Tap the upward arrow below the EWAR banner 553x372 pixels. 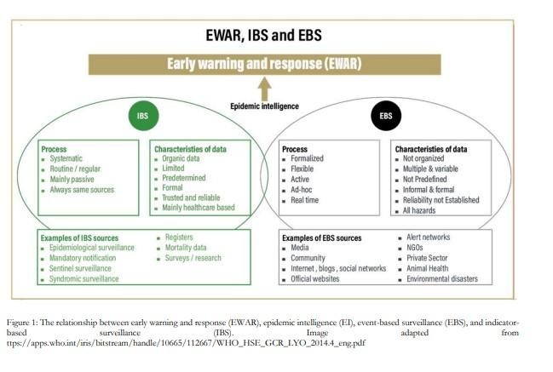[x=264, y=88]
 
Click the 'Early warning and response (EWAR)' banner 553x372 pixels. [x=264, y=63]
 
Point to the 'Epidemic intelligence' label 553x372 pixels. [x=264, y=106]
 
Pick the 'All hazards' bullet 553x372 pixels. [x=421, y=209]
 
